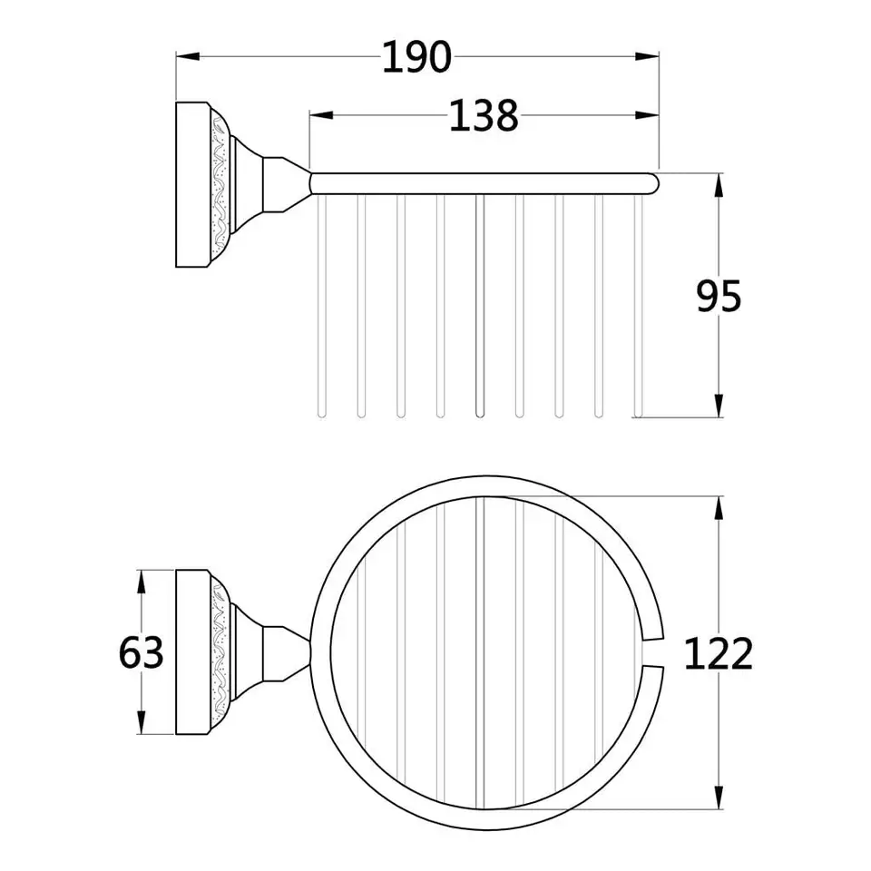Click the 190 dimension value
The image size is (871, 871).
click(x=416, y=57)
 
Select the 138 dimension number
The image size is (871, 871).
click(x=484, y=115)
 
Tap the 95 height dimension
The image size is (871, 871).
click(x=719, y=296)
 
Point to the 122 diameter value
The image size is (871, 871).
click(x=719, y=653)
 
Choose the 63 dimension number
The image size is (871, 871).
click(x=142, y=652)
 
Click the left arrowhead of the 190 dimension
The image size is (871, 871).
click(x=188, y=56)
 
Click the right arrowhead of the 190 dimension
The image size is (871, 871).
click(x=647, y=56)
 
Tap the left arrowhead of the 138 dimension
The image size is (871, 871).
click(x=321, y=115)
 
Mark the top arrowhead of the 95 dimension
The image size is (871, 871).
click(x=719, y=185)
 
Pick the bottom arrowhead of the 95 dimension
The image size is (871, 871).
click(x=719, y=406)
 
